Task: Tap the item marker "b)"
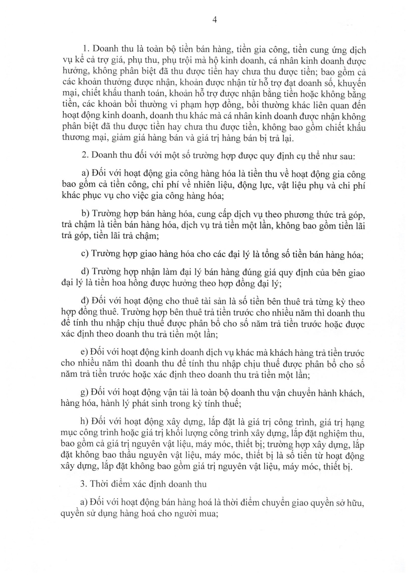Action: coord(85,214)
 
